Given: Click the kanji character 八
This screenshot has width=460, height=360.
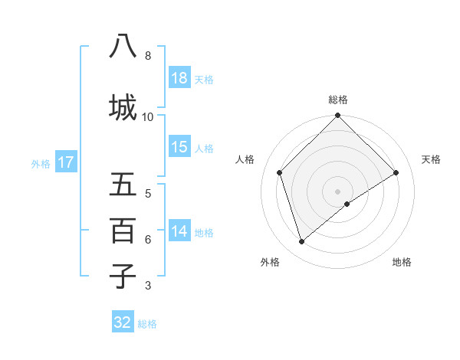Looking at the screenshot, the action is pos(123,47).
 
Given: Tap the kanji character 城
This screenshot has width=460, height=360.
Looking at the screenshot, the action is pos(123,107).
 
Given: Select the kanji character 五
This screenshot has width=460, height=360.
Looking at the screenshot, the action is pos(123,185).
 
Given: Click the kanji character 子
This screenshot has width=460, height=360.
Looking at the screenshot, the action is pos(123,276).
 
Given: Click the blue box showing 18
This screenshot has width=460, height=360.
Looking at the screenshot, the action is pos(179,78).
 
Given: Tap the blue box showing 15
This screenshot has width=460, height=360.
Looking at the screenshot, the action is pos(179,147).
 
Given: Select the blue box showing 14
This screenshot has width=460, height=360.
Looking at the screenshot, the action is pos(179,231).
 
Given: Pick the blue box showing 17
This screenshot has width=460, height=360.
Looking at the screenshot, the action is pos(65,162).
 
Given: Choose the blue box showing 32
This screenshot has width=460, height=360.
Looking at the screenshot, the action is pos(123,322).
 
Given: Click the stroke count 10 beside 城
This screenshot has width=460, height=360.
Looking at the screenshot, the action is pos(148,116).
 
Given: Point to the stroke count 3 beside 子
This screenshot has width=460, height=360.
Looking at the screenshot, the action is pos(148,286).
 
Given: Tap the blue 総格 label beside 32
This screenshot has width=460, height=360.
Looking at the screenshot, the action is pos(147,323).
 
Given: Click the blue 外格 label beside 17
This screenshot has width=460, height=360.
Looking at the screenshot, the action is pos(41,163).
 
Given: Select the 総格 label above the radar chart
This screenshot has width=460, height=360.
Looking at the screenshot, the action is pos(338,100).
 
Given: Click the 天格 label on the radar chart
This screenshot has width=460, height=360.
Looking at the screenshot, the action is pos(432,159).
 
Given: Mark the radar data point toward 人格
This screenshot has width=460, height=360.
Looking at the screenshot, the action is pos(280,172).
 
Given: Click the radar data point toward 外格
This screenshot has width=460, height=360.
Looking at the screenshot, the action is pos(302,241).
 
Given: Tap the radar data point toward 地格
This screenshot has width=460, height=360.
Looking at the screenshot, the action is pos(347,204).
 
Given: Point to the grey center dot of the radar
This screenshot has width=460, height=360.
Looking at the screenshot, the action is pos(338,191).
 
